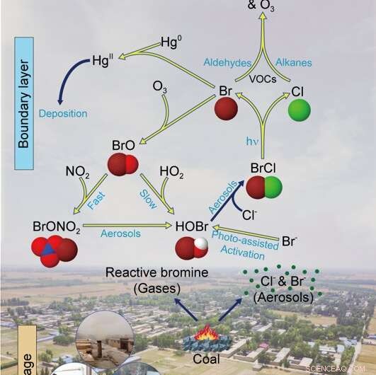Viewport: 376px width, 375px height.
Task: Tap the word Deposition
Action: click(x=63, y=113)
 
